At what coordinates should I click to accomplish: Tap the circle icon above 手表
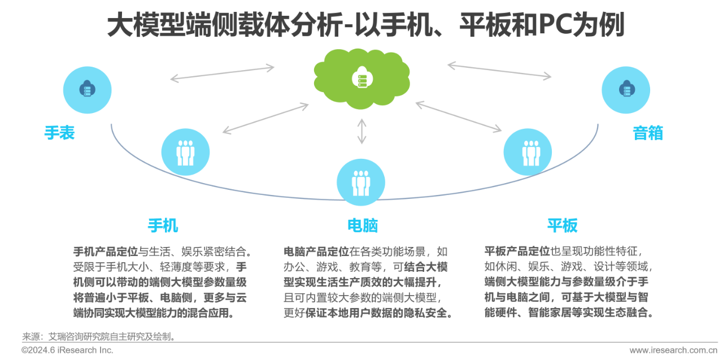click(x=87, y=89)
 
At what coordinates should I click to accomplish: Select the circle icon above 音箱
click(x=625, y=89)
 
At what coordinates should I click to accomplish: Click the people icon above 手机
click(x=185, y=151)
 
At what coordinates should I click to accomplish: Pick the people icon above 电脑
click(x=360, y=182)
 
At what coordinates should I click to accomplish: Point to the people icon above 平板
click(x=528, y=151)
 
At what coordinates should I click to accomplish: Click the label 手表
click(x=60, y=133)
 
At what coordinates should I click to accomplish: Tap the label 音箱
click(x=648, y=133)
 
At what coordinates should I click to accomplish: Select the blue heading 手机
click(x=163, y=225)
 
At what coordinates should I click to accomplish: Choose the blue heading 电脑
click(x=363, y=225)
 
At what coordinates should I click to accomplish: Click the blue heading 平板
click(x=562, y=225)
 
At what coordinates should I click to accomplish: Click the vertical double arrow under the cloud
click(x=361, y=131)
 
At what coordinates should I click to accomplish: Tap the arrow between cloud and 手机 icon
click(x=265, y=118)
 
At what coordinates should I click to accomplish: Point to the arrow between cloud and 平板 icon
click(x=458, y=117)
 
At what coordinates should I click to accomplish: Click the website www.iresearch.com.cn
click(x=674, y=350)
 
